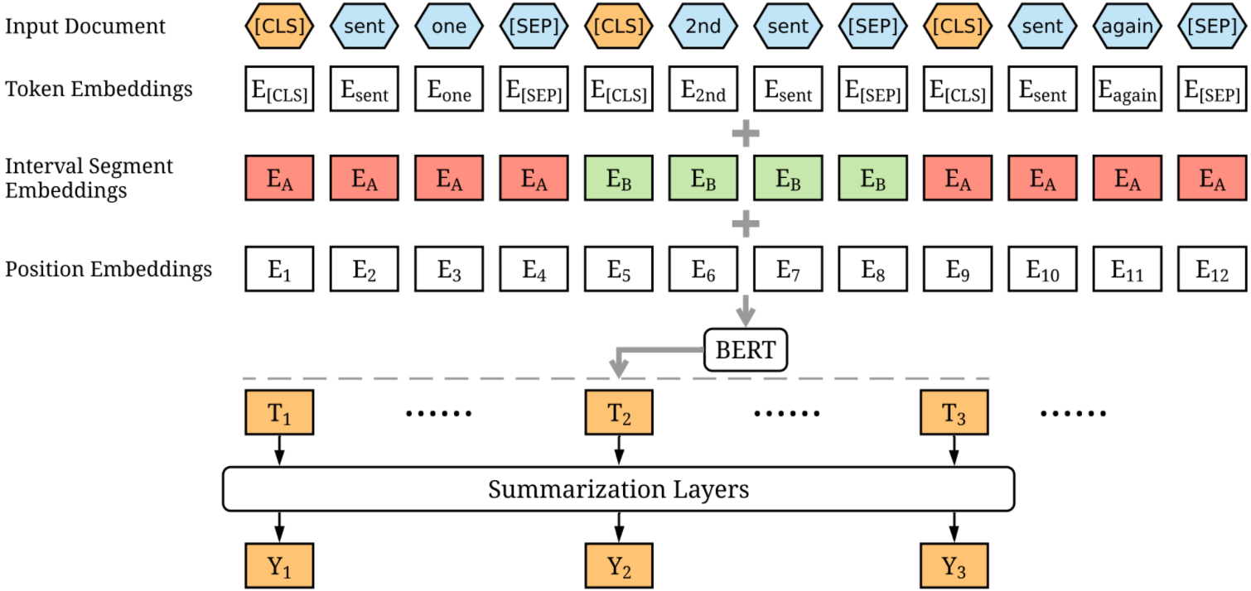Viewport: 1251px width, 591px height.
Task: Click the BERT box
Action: coord(746,350)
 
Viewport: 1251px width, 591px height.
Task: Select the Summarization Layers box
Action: coord(618,489)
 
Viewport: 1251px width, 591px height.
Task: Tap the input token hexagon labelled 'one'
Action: coord(449,26)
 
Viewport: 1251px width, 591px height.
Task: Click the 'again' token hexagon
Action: coord(1128,26)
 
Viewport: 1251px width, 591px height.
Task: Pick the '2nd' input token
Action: coord(703,26)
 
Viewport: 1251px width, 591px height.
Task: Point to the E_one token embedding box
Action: coord(449,89)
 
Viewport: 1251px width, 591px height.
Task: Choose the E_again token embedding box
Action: coord(1128,89)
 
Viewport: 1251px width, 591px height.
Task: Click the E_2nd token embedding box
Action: coord(703,89)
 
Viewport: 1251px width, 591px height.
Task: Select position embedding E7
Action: coord(788,269)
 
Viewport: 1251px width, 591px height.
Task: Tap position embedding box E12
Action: coord(1212,269)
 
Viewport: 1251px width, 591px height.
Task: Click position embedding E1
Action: coord(279,269)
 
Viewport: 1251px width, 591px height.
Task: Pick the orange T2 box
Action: coord(619,412)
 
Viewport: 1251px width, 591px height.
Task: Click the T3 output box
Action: coord(954,412)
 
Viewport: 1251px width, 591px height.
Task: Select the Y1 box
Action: coord(279,566)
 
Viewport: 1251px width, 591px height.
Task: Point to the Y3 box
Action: coord(954,566)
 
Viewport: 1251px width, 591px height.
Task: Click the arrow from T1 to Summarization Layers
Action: coord(279,450)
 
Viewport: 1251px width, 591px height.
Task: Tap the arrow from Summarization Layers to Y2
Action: coord(619,526)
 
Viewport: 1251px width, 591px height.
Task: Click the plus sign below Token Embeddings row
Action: coord(746,133)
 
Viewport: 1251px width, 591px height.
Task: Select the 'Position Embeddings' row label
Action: coord(109,269)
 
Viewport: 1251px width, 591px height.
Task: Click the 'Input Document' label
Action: coord(85,26)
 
